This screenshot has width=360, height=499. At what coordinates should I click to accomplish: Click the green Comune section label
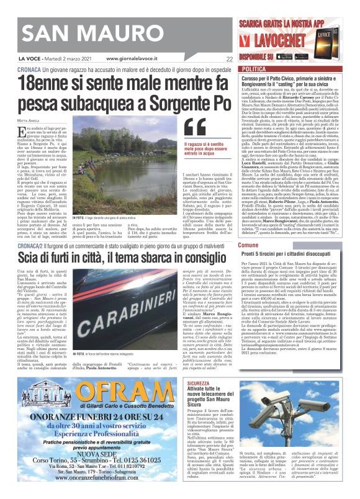point(248,228)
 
